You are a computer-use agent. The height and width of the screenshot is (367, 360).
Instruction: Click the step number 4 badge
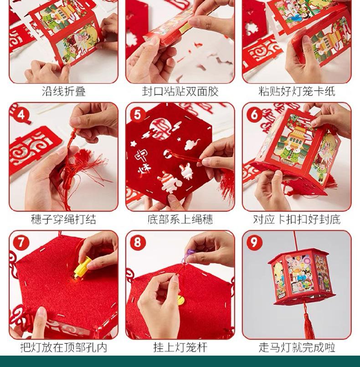coord(21,115)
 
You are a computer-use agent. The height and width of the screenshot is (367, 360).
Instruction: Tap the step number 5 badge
coord(138,115)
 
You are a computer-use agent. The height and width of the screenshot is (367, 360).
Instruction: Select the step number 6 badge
coord(254,115)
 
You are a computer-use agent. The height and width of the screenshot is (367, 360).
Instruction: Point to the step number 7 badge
coord(21,243)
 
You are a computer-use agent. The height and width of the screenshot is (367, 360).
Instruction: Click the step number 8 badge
coord(138,243)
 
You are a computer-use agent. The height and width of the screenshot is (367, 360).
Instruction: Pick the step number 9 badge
coord(254,243)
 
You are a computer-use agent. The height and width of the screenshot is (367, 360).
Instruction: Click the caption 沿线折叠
coord(64,91)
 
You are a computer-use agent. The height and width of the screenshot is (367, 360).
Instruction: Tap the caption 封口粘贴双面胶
coord(180,91)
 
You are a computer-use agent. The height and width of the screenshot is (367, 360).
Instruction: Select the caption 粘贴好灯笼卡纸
coord(297,91)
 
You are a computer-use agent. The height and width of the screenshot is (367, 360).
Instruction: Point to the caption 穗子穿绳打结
coord(64,219)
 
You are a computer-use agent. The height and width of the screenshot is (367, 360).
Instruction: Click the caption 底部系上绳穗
coord(180,219)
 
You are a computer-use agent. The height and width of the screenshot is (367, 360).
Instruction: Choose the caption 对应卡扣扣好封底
coord(297,219)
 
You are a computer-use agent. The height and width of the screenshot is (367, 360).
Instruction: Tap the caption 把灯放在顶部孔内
coord(64,347)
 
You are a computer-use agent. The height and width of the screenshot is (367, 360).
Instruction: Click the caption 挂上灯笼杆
coord(180,347)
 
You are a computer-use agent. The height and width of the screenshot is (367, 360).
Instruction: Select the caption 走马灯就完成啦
coord(297,347)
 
